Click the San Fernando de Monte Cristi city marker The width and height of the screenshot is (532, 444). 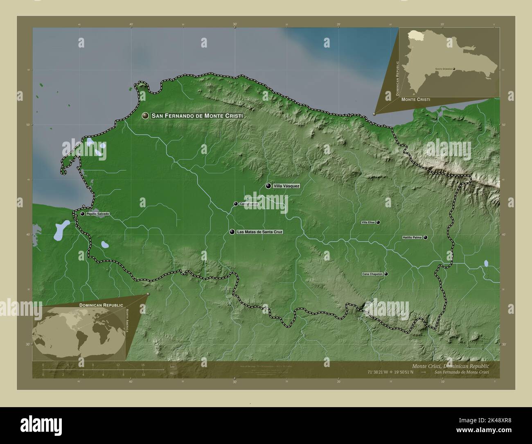coord(145,116)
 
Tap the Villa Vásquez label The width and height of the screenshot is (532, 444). coord(286,186)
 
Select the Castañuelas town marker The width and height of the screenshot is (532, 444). coord(236,204)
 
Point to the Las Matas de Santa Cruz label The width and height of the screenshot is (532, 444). coord(260,232)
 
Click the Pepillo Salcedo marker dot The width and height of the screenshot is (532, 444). coord(82,213)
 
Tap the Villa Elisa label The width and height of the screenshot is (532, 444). coord(368,222)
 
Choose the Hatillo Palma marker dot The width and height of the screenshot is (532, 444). coord(426,237)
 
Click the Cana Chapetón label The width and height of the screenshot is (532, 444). coord(372,274)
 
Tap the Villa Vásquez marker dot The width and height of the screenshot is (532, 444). coord(268,186)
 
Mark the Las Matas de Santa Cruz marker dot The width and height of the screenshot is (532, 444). coord(232,232)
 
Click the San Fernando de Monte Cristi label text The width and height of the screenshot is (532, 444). coord(197,116)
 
